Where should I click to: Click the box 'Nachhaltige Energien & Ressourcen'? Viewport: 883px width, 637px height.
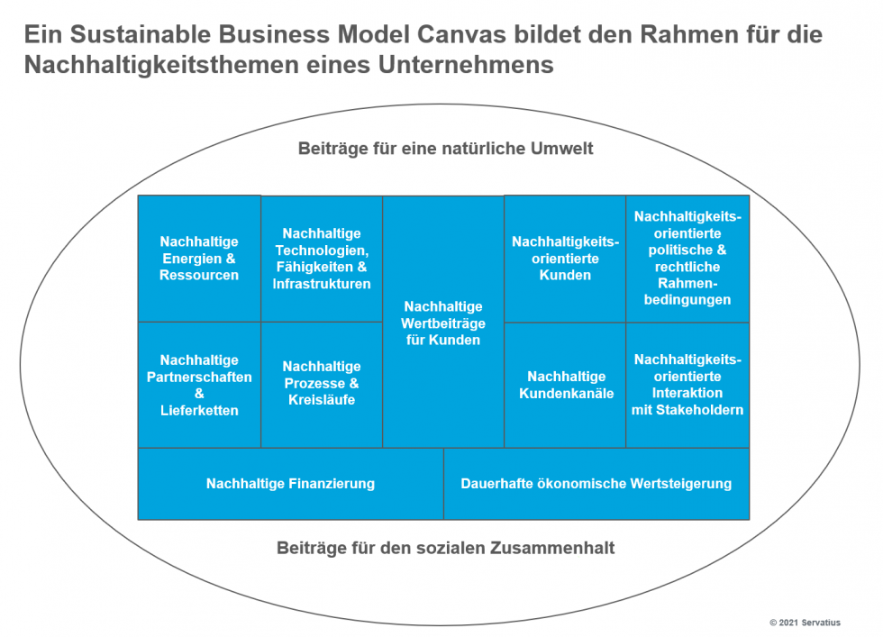(x=199, y=259)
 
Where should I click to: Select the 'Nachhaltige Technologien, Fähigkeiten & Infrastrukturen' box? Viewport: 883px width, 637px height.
(x=322, y=259)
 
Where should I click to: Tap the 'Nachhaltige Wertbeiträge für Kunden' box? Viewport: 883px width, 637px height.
(x=443, y=323)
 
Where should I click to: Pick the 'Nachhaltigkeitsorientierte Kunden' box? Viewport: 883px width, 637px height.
(x=565, y=259)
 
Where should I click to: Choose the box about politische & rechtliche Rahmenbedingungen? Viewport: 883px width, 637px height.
(x=687, y=259)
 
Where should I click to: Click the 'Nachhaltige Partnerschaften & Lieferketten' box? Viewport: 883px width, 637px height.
(x=199, y=385)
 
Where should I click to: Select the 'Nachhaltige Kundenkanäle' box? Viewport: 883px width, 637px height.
(x=565, y=385)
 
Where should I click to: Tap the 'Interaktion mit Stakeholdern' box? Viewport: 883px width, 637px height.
(x=687, y=385)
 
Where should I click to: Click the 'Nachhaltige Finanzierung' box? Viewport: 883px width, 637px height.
(x=290, y=484)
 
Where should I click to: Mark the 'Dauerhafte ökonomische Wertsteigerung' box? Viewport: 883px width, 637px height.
(x=596, y=484)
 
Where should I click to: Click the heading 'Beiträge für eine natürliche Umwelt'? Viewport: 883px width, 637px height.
(x=445, y=149)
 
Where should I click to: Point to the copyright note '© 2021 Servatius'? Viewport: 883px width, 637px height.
(x=808, y=623)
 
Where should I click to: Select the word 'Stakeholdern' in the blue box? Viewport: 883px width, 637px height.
(x=705, y=410)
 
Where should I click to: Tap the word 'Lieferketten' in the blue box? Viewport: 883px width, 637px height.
(x=199, y=411)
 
